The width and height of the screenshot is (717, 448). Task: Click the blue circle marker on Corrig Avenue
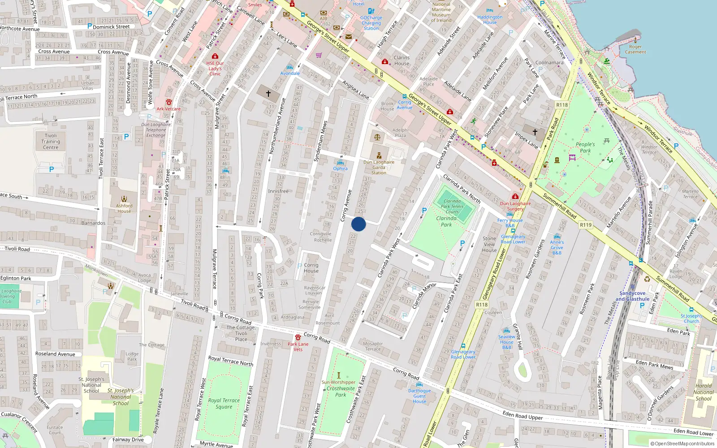click(x=358, y=224)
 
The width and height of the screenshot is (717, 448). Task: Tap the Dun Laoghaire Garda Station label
click(x=379, y=168)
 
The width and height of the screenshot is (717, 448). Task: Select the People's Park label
click(x=585, y=147)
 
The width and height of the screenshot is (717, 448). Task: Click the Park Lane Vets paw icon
click(x=298, y=337)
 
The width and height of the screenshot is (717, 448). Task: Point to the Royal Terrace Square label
click(x=224, y=403)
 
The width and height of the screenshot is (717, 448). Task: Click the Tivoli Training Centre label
click(x=51, y=141)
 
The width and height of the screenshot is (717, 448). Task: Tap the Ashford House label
click(x=124, y=208)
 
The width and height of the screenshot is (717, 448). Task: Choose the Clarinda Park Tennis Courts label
click(x=452, y=206)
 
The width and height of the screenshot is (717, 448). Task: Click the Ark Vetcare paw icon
click(x=169, y=103)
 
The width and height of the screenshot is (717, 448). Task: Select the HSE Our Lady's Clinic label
click(x=215, y=69)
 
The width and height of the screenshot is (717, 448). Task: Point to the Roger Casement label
click(x=635, y=49)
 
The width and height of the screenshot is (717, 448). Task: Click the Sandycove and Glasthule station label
click(x=632, y=296)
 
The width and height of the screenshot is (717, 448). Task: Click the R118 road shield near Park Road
click(x=562, y=105)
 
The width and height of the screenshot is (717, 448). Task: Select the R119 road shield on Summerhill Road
click(x=585, y=225)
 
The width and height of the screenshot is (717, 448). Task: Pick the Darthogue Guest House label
click(x=419, y=396)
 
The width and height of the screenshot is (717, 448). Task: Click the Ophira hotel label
click(x=340, y=168)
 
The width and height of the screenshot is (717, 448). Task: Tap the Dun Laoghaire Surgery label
click(x=515, y=206)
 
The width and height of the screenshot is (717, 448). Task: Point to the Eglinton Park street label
click(x=16, y=278)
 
